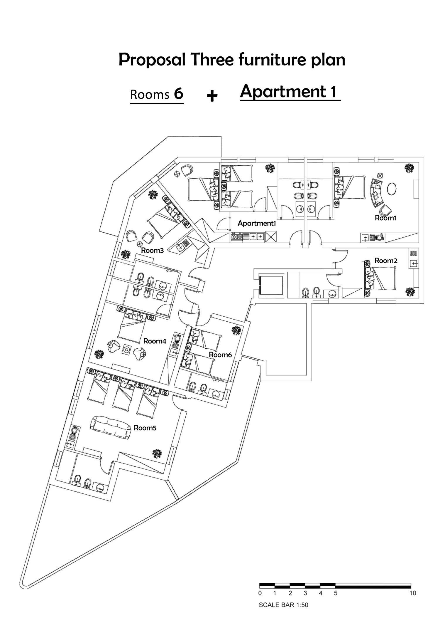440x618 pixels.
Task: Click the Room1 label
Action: point(385,218)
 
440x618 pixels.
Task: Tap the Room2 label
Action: point(386,261)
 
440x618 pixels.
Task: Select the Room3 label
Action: point(152,250)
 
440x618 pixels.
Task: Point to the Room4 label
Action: point(155,341)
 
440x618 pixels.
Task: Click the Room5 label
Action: point(145,428)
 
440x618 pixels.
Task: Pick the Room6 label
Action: point(220,355)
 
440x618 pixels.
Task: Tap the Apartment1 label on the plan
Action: point(257,223)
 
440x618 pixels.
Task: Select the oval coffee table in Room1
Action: point(392,189)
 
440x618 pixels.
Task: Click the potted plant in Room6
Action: point(236,330)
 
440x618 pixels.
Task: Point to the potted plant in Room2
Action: point(410,291)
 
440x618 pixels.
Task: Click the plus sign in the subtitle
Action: point(212,96)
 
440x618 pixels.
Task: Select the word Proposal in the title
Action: point(152,60)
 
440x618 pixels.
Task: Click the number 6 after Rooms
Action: point(179,94)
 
